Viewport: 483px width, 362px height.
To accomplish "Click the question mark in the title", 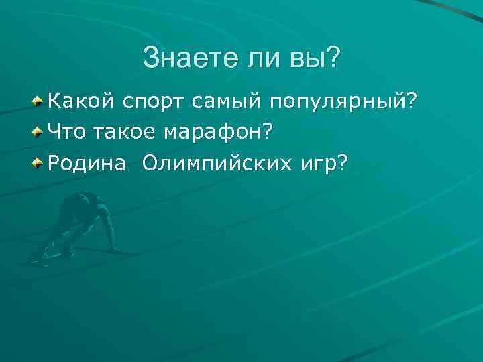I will (331, 58).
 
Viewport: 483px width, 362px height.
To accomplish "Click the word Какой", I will (80, 102).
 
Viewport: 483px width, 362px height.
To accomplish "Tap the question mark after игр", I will (344, 163).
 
